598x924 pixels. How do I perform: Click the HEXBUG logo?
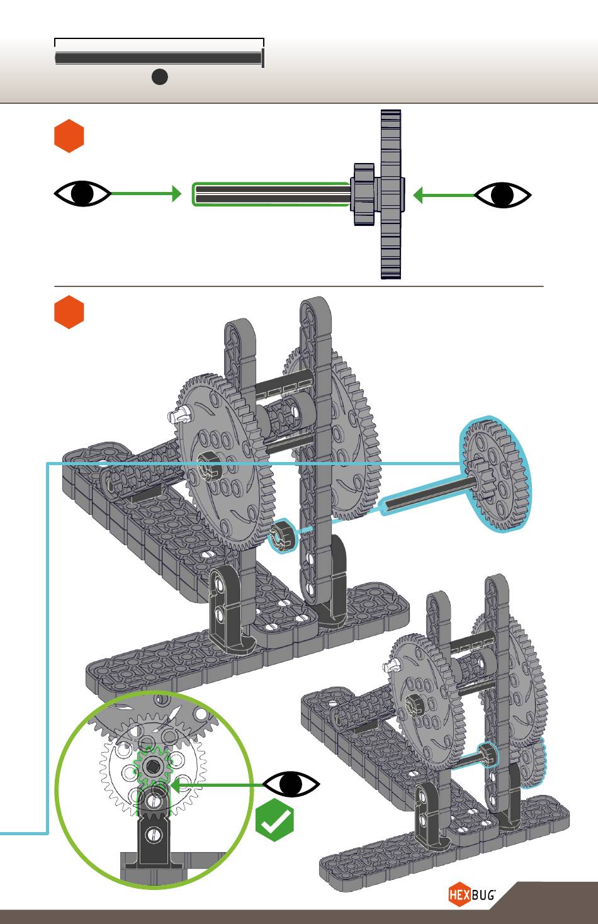(x=472, y=894)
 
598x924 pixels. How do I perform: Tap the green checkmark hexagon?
(x=274, y=820)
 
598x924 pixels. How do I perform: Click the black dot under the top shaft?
(x=160, y=77)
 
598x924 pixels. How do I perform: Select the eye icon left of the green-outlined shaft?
(x=82, y=193)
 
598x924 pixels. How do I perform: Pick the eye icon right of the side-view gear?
(x=503, y=194)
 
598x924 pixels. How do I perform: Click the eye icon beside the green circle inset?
(x=291, y=784)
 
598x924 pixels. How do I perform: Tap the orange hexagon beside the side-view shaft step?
(x=69, y=136)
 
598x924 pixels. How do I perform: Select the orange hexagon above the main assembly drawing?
(x=69, y=312)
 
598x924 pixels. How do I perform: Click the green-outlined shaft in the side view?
(x=272, y=194)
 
